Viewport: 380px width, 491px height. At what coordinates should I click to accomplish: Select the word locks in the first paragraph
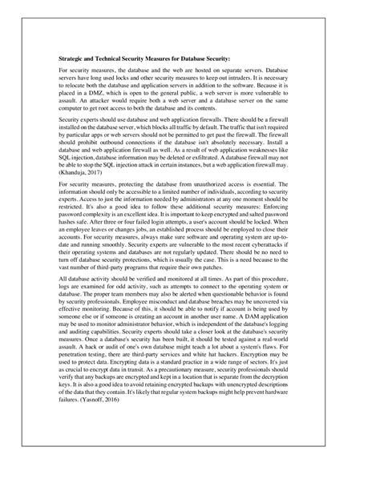click(x=134, y=81)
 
